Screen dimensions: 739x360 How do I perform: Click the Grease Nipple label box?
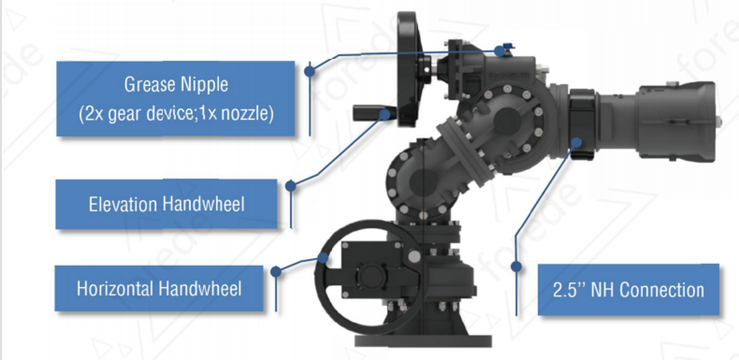[175, 99]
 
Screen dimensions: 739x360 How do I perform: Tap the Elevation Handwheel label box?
[166, 204]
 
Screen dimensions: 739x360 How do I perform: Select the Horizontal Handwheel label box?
[159, 288]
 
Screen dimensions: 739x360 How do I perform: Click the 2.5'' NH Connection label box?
[628, 290]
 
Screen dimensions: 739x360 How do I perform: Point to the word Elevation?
[122, 204]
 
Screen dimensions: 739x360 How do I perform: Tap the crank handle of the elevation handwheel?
[369, 112]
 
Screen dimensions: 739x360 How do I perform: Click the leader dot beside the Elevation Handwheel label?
[291, 185]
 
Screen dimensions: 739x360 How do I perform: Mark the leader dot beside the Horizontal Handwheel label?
[275, 271]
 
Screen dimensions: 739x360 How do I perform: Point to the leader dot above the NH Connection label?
[516, 267]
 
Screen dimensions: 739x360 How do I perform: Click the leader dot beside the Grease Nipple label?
[309, 72]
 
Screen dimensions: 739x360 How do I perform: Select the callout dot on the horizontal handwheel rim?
[323, 257]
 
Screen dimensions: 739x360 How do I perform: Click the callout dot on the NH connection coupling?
[577, 142]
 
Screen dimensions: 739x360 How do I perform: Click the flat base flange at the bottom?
[423, 340]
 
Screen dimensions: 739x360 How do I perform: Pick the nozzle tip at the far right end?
[719, 122]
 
